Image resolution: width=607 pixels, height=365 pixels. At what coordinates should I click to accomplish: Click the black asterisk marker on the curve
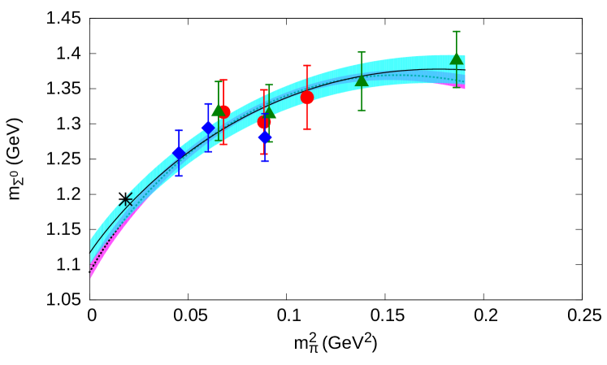[x=126, y=199]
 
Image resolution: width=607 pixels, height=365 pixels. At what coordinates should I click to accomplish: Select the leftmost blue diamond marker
[x=179, y=152]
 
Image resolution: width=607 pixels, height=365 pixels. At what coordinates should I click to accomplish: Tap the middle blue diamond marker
[x=208, y=128]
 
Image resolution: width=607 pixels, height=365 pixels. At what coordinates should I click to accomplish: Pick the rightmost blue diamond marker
[x=265, y=137]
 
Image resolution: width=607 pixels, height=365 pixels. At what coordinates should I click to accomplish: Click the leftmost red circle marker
[x=223, y=111]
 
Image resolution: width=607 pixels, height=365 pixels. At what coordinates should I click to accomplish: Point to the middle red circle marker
[x=264, y=123]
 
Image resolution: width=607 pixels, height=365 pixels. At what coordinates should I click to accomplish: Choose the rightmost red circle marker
[x=307, y=98]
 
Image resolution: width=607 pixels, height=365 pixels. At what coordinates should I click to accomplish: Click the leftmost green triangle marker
[x=218, y=111]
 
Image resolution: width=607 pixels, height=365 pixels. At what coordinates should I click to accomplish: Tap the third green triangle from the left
[x=362, y=80]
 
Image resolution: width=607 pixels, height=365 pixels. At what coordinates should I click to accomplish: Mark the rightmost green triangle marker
[x=457, y=59]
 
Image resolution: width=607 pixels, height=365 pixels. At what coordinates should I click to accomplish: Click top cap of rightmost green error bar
[x=457, y=32]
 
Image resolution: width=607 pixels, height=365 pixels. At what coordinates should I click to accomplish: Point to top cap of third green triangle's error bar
[x=362, y=53]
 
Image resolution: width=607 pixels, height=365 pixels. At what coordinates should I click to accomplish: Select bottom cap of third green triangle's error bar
[x=362, y=111]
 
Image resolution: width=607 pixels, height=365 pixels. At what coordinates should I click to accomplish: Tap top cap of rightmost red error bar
[x=307, y=66]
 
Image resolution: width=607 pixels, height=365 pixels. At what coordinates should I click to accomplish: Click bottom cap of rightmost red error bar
[x=307, y=129]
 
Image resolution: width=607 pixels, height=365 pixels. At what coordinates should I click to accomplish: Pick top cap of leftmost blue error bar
[x=179, y=130]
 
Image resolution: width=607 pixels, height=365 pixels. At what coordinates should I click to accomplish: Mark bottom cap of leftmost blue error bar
[x=179, y=176]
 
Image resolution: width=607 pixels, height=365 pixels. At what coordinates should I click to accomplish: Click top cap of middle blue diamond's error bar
[x=208, y=104]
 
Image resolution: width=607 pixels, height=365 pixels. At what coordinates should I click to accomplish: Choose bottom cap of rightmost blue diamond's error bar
[x=265, y=161]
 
